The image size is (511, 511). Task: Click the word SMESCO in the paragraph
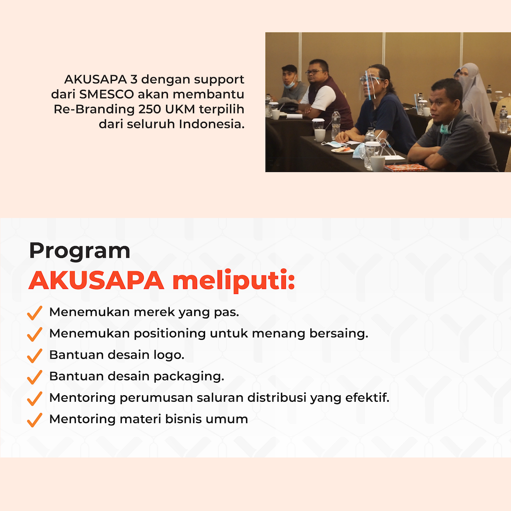[107, 94]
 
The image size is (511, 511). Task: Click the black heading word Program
[80, 252]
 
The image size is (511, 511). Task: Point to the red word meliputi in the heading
[234, 280]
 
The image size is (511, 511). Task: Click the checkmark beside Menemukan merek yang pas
[34, 313]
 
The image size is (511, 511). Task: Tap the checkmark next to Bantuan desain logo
[34, 355]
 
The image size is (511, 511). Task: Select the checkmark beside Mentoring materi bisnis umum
[34, 420]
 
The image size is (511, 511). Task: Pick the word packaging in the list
[189, 377]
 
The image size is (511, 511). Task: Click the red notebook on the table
[406, 168]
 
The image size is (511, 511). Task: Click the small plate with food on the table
[342, 150]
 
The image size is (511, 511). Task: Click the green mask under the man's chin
[446, 128]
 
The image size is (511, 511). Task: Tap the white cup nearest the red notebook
[378, 163]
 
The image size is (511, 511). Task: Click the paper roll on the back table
[294, 116]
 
